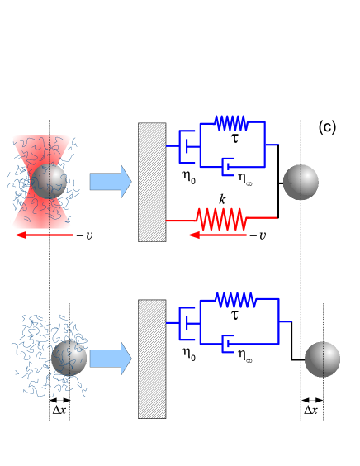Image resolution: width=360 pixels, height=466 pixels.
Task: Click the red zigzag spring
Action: (x=221, y=220)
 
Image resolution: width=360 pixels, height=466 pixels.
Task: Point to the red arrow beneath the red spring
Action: (x=217, y=235)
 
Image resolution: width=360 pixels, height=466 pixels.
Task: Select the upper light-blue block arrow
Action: (x=110, y=181)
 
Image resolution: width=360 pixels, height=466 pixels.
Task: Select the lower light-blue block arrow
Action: (x=110, y=359)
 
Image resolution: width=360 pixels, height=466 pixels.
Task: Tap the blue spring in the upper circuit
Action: (x=231, y=123)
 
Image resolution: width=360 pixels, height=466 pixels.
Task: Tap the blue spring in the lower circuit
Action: (x=235, y=300)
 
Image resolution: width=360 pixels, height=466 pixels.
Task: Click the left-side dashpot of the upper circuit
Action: (x=187, y=146)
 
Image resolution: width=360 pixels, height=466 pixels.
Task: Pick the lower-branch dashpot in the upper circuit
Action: (x=227, y=167)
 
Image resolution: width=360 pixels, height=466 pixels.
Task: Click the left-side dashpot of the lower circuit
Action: (x=187, y=323)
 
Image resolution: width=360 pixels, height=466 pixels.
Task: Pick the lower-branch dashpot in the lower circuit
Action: (x=227, y=344)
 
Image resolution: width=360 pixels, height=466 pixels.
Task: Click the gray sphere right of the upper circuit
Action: (x=301, y=182)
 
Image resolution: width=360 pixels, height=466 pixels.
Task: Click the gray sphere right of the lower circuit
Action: (x=322, y=359)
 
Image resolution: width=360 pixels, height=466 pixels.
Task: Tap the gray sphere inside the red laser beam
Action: (x=49, y=181)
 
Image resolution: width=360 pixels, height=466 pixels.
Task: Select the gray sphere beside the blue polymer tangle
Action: (x=69, y=358)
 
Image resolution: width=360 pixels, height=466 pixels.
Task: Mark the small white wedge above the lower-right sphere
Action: (x=326, y=336)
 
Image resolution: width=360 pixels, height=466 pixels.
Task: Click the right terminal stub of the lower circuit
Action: (x=285, y=321)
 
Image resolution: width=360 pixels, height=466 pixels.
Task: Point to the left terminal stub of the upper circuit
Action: (x=172, y=145)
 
